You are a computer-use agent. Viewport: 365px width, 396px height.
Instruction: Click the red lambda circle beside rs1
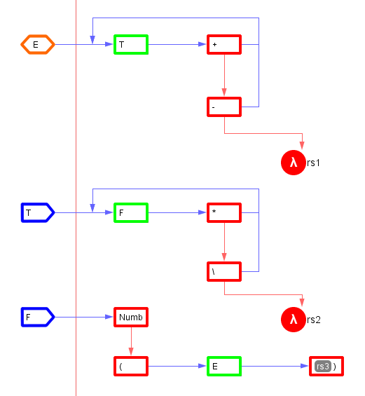tap(294, 163)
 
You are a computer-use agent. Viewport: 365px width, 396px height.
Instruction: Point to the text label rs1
tap(313, 163)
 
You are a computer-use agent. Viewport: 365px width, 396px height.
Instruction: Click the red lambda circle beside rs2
tap(294, 320)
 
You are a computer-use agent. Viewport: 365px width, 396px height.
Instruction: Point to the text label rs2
tap(313, 320)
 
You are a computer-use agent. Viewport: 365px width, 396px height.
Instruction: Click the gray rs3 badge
tap(323, 366)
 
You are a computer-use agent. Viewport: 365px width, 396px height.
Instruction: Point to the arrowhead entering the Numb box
tap(109, 317)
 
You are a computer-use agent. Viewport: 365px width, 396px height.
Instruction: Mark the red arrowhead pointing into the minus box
tap(224, 93)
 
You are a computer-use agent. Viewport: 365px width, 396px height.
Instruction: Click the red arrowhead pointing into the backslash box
tap(224, 257)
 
